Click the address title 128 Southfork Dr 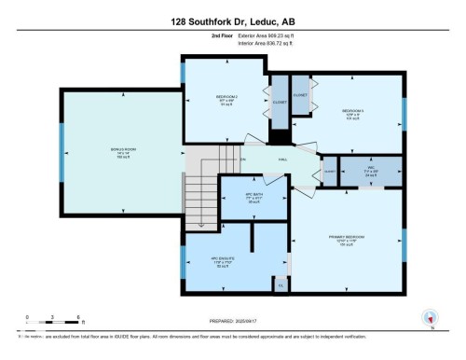tap(233, 20)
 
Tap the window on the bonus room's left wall tap(62, 149)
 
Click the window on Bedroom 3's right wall tap(404, 114)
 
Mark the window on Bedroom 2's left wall tap(183, 73)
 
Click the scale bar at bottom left tap(54, 319)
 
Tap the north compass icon tap(430, 316)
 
